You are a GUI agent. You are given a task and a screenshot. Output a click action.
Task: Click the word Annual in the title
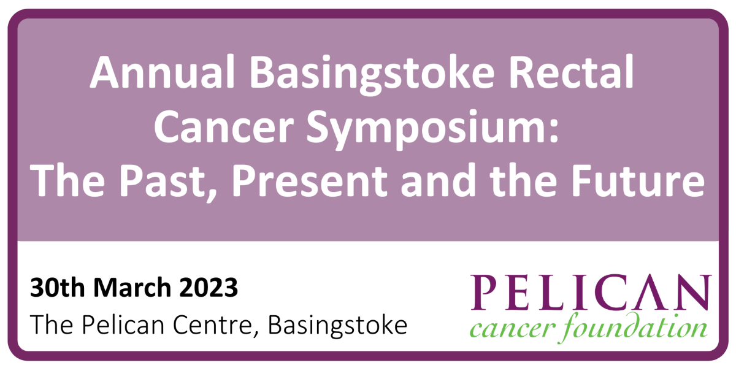pyautogui.click(x=163, y=72)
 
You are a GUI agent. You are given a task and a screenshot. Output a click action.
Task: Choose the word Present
pyautogui.click(x=310, y=181)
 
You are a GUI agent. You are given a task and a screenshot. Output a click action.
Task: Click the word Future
pyautogui.click(x=638, y=180)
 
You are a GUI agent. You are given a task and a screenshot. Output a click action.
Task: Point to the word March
pyautogui.click(x=132, y=287)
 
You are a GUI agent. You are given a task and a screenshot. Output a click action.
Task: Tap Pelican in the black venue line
pyautogui.click(x=123, y=324)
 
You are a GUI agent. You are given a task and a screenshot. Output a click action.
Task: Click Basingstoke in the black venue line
pyautogui.click(x=337, y=326)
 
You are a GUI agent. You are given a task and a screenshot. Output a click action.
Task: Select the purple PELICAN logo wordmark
pyautogui.click(x=591, y=292)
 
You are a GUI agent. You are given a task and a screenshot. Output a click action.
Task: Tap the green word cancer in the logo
pyautogui.click(x=513, y=328)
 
